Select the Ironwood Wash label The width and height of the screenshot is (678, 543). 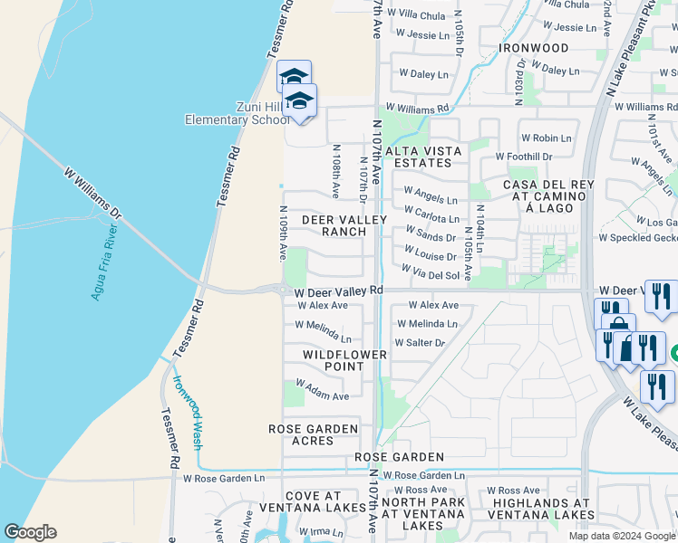(188, 413)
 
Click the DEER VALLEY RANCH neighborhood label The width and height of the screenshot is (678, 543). (344, 225)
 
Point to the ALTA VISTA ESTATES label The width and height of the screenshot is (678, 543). (423, 157)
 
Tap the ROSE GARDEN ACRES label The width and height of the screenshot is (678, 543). (313, 434)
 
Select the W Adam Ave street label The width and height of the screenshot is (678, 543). (322, 396)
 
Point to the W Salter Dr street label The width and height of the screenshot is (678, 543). (420, 343)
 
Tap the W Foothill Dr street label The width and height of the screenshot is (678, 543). (523, 157)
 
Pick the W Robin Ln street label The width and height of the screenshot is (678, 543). (546, 138)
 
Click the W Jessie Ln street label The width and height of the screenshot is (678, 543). (422, 35)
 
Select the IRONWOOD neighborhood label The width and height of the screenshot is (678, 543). (534, 48)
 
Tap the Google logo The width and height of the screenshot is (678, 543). (30, 532)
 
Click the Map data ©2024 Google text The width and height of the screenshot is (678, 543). (622, 536)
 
